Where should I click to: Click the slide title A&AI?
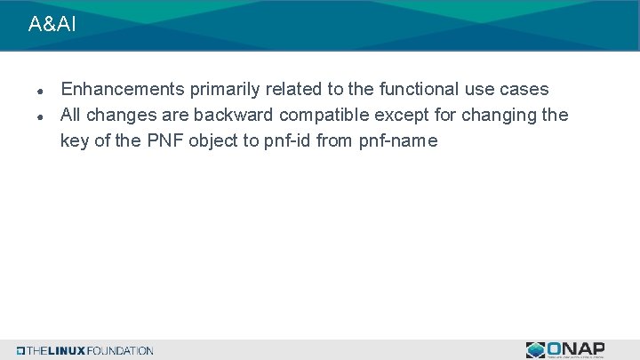tap(52, 25)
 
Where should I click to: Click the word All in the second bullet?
tap(71, 116)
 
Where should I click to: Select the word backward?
tap(238, 116)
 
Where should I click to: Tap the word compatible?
tap(324, 116)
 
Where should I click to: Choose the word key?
tap(75, 140)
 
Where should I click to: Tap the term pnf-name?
tap(399, 140)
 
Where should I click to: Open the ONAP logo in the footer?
tap(565, 349)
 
